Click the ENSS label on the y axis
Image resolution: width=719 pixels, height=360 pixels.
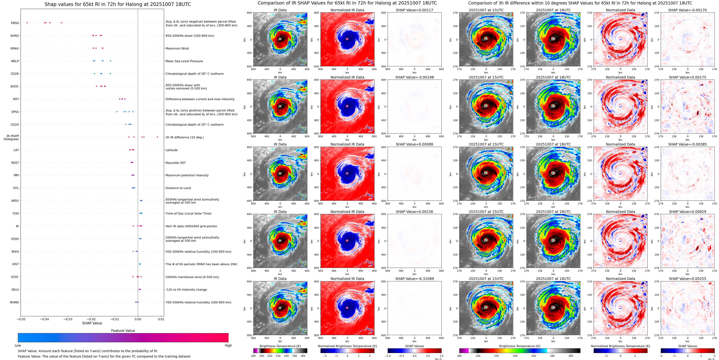tap(15, 23)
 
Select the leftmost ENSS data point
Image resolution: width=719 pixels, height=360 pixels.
tap(27, 23)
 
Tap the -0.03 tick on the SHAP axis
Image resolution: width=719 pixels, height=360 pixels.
tap(68, 319)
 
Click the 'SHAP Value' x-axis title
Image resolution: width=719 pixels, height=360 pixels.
tap(92, 323)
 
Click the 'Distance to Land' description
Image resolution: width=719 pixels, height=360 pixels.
tap(178, 188)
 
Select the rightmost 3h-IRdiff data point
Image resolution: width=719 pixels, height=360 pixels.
tap(157, 137)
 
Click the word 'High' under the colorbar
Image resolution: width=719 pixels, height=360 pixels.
tap(228, 345)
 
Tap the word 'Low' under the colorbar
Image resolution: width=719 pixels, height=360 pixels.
tap(18, 345)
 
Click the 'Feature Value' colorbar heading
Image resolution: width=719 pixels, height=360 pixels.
tap(123, 331)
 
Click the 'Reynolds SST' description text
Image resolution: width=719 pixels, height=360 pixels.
tap(175, 163)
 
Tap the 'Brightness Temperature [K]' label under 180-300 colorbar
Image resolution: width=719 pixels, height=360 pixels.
tap(280, 346)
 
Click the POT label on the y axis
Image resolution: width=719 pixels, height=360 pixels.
tap(16, 99)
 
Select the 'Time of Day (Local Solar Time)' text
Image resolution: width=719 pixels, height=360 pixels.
tap(188, 214)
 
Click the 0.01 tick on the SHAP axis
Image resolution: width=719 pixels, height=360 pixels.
tap(161, 319)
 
